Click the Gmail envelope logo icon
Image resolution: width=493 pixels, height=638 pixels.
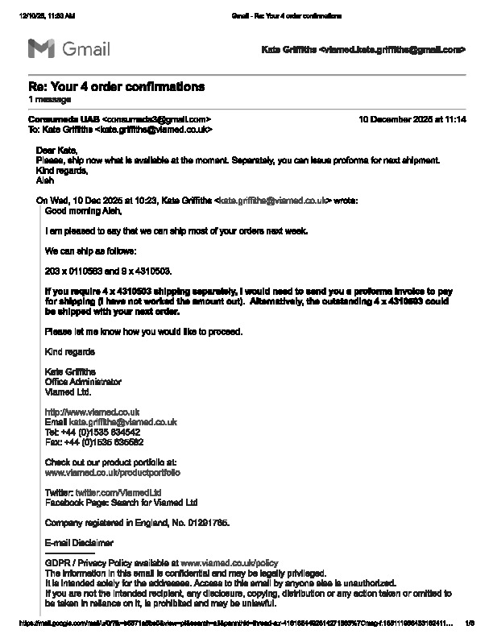click(41, 49)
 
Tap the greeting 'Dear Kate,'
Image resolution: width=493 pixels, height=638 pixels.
click(57, 151)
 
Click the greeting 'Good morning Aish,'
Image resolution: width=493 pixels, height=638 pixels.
click(83, 211)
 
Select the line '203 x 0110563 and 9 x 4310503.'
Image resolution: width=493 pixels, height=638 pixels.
click(108, 271)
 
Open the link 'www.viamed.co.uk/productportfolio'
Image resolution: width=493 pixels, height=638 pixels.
click(113, 473)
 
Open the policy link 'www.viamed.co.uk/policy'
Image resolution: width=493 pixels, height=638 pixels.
click(229, 562)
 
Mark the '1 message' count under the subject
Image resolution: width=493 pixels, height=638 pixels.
click(49, 99)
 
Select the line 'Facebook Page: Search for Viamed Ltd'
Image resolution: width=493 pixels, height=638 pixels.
click(121, 502)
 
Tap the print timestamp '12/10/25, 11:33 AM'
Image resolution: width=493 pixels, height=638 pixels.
click(46, 16)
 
